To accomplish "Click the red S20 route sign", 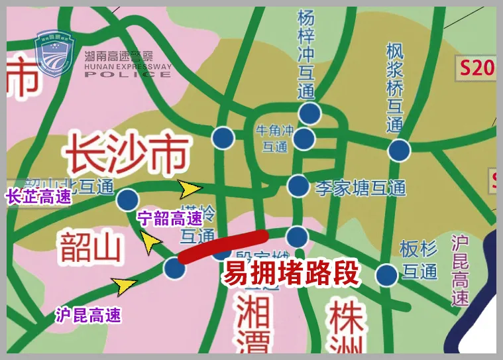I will tap(477, 68).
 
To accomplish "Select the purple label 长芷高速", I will tap(37, 197).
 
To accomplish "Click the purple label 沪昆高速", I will tap(88, 316).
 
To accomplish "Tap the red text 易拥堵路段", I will tap(291, 272).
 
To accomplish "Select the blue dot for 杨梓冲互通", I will tap(309, 113).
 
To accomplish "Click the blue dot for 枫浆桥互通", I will tap(399, 150).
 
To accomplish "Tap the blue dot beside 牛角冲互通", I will tap(304, 139).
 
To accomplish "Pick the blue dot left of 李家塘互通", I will tap(298, 186).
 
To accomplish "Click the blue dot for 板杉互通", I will tap(386, 274).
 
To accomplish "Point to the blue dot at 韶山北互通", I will tap(127, 199).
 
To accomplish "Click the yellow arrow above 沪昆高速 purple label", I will tap(124, 286).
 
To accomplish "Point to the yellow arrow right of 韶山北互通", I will tap(190, 190).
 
